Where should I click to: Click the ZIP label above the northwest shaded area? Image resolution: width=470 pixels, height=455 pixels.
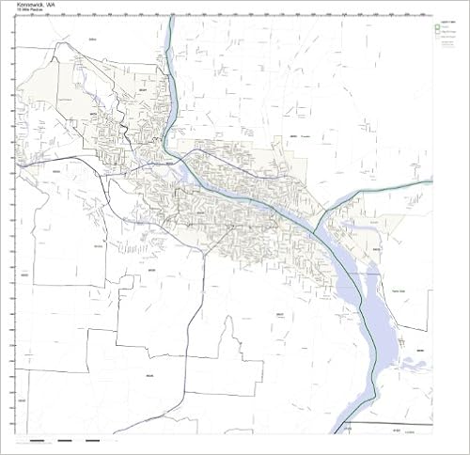pyautogui.click(x=91, y=39)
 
